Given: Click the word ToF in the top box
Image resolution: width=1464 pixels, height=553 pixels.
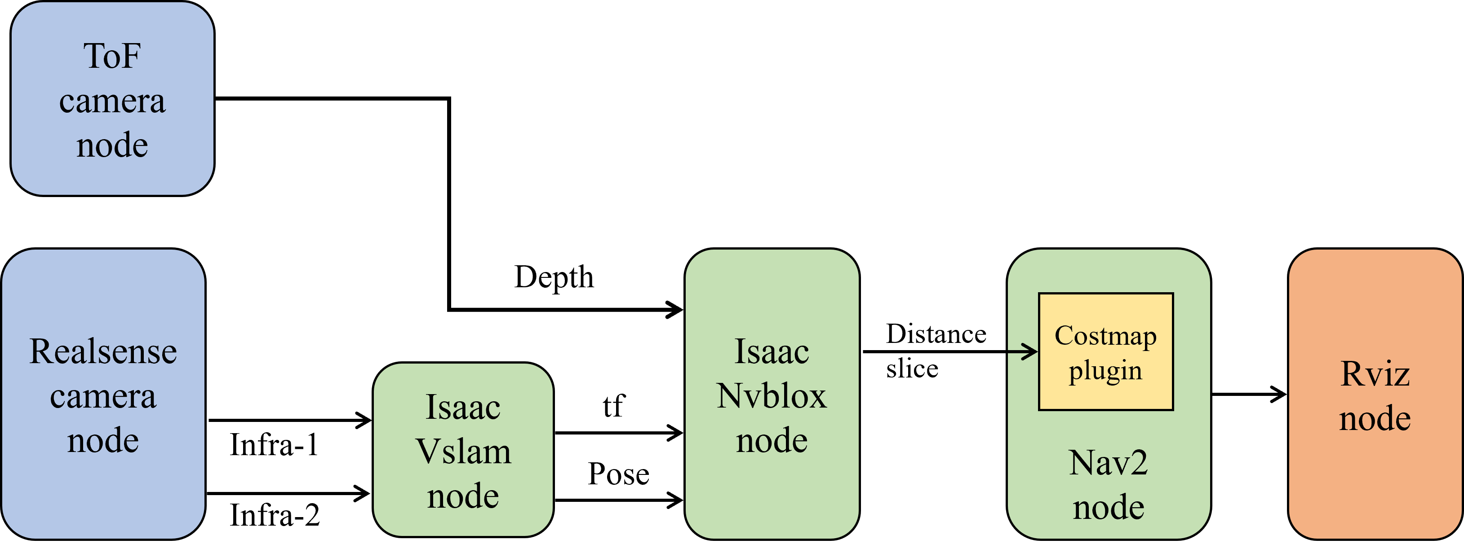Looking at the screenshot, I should tap(112, 56).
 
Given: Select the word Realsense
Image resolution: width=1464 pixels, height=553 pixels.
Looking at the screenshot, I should tap(103, 351).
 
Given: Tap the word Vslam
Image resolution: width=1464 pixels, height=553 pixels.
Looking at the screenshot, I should tap(463, 452).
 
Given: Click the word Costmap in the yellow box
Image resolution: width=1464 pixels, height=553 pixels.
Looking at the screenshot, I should tap(1105, 336).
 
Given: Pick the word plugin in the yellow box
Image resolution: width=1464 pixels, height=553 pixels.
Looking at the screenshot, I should tap(1105, 371).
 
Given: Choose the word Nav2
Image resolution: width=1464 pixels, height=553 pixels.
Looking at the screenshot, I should tap(1108, 463).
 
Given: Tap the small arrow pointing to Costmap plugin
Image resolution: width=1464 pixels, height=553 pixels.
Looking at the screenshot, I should tap(1023, 351).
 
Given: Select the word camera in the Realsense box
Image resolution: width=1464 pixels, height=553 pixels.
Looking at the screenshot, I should tap(103, 396).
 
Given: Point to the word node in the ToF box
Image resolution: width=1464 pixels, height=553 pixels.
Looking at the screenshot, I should tap(112, 145).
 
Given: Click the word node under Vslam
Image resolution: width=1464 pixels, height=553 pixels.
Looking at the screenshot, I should tap(463, 496).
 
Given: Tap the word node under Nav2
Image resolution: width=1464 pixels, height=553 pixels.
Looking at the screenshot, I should tap(1108, 507).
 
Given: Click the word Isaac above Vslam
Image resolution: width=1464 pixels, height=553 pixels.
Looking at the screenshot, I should tap(463, 408).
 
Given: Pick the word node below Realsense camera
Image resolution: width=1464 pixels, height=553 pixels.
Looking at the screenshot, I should tap(103, 441).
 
